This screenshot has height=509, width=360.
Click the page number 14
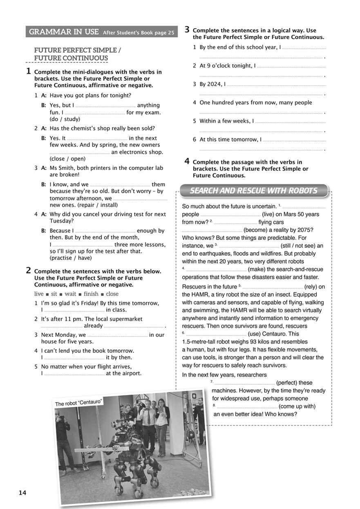(22, 493)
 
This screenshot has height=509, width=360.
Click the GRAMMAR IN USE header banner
(101, 32)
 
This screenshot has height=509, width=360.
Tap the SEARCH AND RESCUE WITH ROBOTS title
(253, 191)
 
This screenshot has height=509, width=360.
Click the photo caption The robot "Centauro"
(78, 402)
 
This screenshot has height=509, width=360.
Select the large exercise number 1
(29, 71)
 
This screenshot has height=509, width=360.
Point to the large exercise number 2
(29, 270)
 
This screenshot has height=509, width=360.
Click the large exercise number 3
(187, 29)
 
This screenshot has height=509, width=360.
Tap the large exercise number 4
(187, 161)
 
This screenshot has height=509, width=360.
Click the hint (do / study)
(65, 119)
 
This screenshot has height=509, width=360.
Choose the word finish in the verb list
(91, 294)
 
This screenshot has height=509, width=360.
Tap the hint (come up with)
(297, 406)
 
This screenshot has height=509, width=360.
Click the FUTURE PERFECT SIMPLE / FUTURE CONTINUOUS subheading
(78, 54)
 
